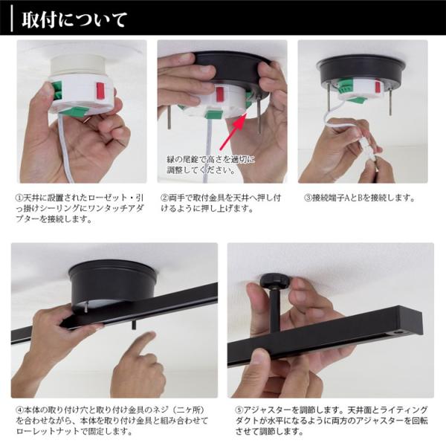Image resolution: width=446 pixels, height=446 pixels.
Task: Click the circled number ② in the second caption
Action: coord(164,198)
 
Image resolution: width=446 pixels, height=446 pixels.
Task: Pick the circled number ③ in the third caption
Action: coord(307,198)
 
